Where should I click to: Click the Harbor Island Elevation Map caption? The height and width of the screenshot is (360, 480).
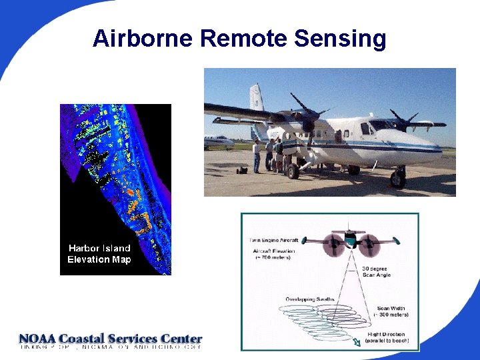99,254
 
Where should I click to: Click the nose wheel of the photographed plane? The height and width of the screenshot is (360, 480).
398,179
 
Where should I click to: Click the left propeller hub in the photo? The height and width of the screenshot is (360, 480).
308,120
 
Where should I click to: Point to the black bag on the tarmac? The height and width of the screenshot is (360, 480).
241,171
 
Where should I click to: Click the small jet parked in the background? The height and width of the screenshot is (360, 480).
218,141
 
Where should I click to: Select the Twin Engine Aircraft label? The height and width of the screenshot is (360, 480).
273,240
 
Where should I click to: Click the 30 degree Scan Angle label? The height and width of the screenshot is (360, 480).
376,271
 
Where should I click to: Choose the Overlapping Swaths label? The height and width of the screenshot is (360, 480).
309,299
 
